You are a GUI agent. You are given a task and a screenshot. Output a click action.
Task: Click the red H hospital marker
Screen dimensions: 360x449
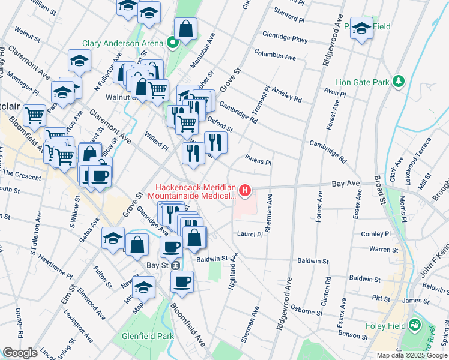point(245,191)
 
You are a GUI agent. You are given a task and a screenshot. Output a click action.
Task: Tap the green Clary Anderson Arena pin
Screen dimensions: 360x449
point(173,43)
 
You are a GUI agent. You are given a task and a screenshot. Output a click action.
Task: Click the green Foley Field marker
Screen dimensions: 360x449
point(414,326)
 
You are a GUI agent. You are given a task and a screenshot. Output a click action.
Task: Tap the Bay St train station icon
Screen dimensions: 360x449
point(176,265)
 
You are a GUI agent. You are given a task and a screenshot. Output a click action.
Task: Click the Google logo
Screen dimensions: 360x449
point(20,353)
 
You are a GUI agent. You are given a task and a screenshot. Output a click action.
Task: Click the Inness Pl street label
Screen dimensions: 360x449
point(258,160)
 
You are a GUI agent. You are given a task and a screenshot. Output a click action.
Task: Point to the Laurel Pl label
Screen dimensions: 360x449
point(250,234)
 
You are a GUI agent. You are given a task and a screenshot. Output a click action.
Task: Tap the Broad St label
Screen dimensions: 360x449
point(380,179)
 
